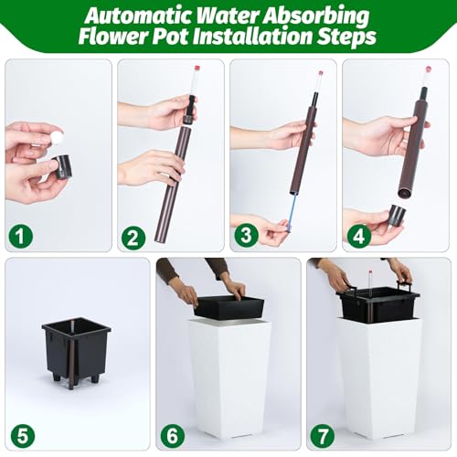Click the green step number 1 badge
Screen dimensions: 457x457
(x=20, y=236)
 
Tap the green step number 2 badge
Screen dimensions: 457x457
(x=133, y=238)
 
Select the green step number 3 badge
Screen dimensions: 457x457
(x=246, y=236)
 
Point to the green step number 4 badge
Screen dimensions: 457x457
(x=359, y=236)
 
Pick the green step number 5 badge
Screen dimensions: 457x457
(x=23, y=436)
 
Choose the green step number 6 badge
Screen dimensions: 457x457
(x=173, y=436)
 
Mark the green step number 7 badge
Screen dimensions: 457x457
(x=323, y=436)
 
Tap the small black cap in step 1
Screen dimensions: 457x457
(x=63, y=166)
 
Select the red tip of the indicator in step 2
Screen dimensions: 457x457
(x=197, y=68)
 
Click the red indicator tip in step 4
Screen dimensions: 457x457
(x=429, y=69)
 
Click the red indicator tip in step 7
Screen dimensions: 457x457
(x=371, y=271)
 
